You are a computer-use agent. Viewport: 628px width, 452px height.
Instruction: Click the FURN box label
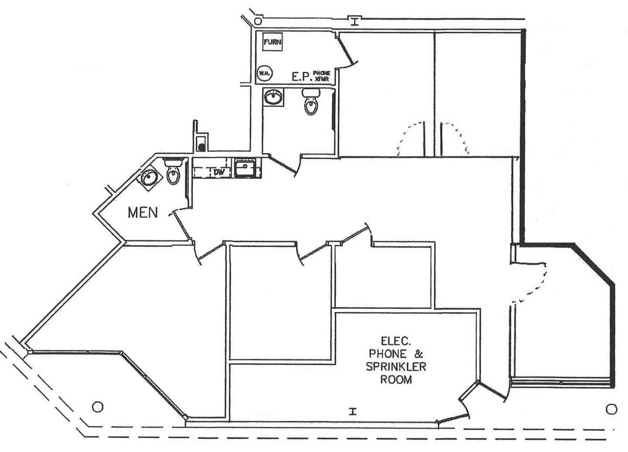273,42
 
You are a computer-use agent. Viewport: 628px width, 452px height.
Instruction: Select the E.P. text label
301,77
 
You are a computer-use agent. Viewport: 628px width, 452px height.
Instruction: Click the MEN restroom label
143,212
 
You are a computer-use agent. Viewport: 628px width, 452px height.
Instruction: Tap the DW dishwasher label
218,172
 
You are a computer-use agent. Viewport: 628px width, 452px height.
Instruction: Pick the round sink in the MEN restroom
150,178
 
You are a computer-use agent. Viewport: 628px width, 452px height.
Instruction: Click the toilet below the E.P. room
311,102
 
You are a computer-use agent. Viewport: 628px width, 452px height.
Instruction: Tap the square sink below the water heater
273,97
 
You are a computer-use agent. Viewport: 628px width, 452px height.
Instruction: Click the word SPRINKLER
396,366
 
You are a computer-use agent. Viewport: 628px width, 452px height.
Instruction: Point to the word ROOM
396,379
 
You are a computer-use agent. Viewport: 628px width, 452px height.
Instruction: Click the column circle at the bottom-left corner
98,407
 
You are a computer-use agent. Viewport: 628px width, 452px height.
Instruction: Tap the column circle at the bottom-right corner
611,409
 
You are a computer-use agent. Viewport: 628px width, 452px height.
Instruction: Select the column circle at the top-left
258,21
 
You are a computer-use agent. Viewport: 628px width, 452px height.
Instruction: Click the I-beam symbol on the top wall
355,20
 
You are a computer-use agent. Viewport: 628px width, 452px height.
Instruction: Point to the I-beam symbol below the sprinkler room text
353,410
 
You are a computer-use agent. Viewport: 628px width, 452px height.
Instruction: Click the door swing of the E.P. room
348,52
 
